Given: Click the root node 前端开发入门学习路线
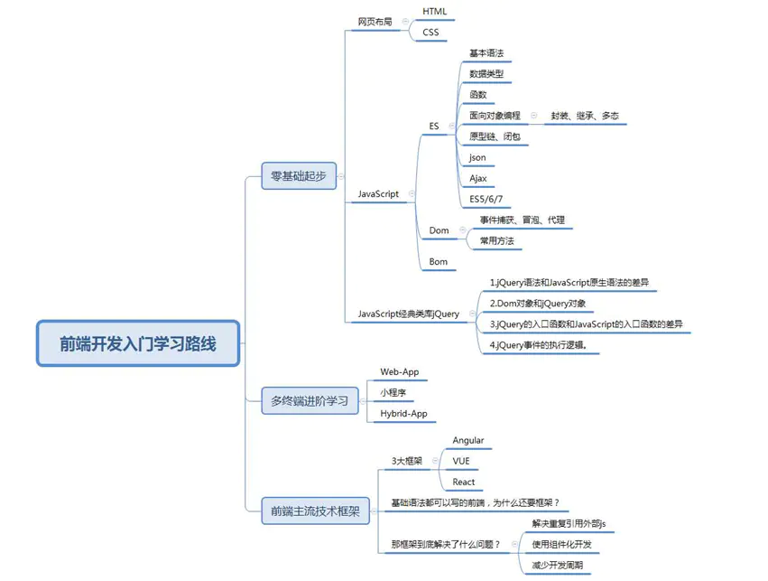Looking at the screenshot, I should pyautogui.click(x=138, y=343).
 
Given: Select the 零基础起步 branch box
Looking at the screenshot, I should pyautogui.click(x=298, y=175).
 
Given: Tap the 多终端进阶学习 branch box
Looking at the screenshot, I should pyautogui.click(x=309, y=400).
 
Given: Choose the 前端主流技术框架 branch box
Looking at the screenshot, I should pyautogui.click(x=315, y=511).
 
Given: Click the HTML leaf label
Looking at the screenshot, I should pyautogui.click(x=434, y=12).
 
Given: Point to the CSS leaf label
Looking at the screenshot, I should pyautogui.click(x=430, y=33).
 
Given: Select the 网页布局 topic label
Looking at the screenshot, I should pyautogui.click(x=375, y=22).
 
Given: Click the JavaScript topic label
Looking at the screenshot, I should pyautogui.click(x=378, y=194).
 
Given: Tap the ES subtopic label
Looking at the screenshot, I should pyautogui.click(x=434, y=127).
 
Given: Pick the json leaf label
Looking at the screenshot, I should pyautogui.click(x=477, y=157).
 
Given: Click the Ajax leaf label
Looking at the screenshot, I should pyautogui.click(x=477, y=179).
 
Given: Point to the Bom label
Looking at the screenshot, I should pyautogui.click(x=438, y=262).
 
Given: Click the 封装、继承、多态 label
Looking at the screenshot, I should pyautogui.click(x=585, y=117).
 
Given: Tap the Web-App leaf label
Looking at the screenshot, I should pyautogui.click(x=399, y=372).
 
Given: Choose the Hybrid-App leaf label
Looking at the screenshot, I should pyautogui.click(x=403, y=414).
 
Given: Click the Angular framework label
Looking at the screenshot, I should pyautogui.click(x=467, y=441).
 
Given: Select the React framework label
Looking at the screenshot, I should pyautogui.click(x=463, y=483).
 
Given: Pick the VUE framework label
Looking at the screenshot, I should pyautogui.click(x=460, y=462).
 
